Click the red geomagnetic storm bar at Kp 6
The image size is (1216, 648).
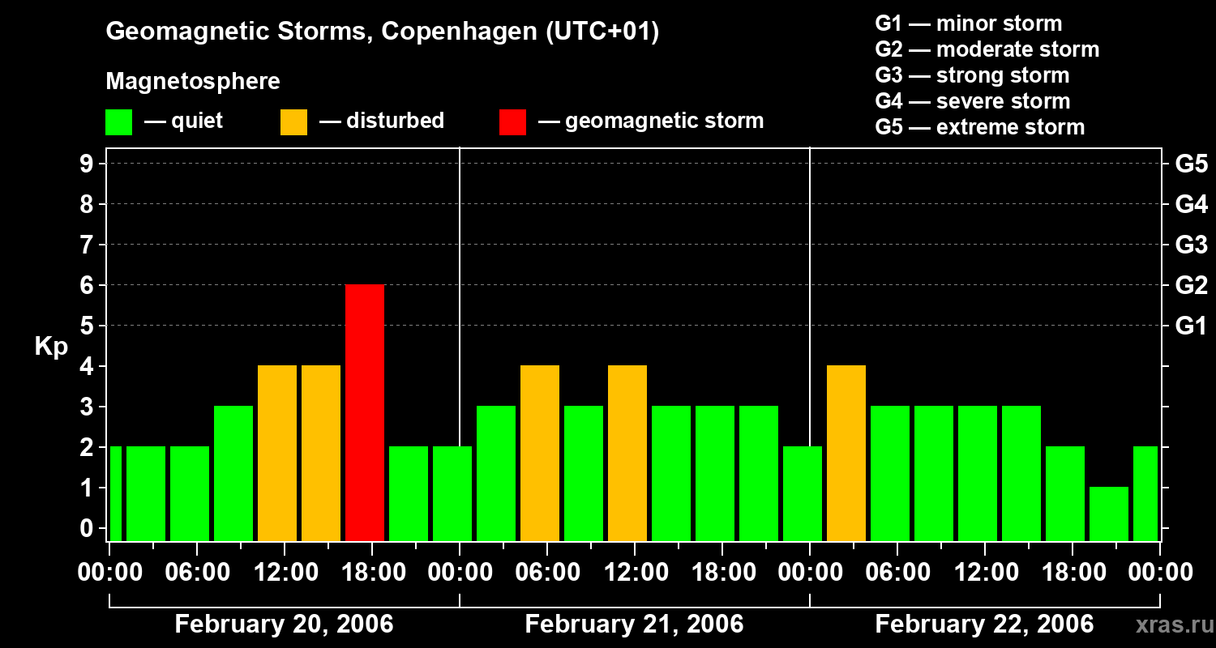[x=364, y=412]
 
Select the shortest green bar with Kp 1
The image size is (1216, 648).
[x=1108, y=514]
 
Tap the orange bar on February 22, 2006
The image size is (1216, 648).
[x=846, y=453]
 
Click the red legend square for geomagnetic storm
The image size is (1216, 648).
[x=512, y=122]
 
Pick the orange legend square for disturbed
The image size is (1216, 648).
[x=293, y=122]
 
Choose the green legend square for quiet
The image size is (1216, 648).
[x=118, y=122]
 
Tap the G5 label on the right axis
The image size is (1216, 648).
[x=1191, y=164]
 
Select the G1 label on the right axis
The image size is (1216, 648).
[x=1191, y=326]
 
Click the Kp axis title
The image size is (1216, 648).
[x=51, y=347]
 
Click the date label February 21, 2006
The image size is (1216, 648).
[x=634, y=625]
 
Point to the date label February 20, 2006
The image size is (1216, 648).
[x=284, y=625]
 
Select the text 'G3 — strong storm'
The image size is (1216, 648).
[x=972, y=75]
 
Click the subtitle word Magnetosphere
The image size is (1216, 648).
[x=193, y=82]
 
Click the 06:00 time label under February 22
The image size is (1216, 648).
[x=897, y=573]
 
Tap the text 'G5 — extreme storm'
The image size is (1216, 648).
[x=979, y=127]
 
